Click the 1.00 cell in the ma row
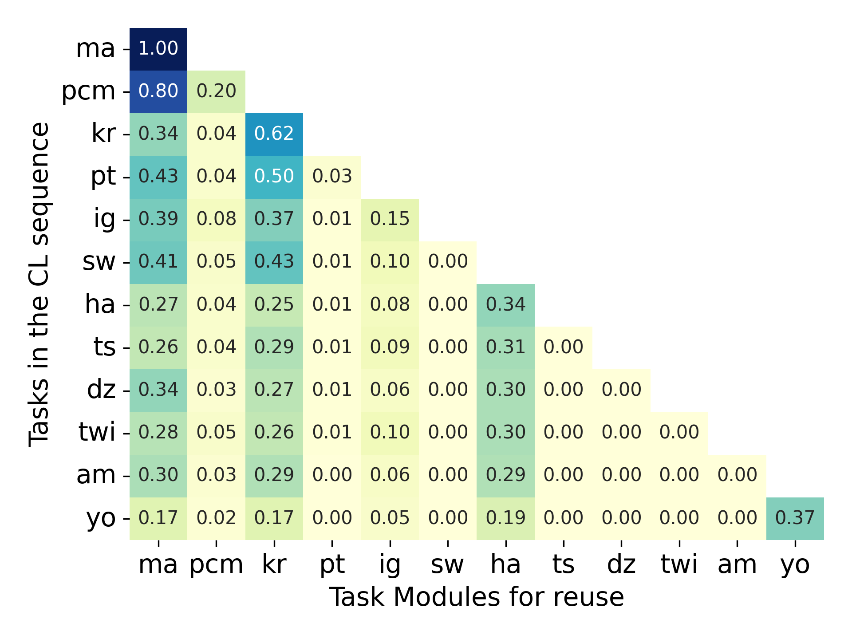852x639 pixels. [x=158, y=48]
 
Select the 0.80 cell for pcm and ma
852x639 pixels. [x=158, y=91]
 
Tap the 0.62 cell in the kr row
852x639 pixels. [x=274, y=134]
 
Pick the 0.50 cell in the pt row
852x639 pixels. [x=274, y=176]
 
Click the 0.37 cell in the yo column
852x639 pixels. [x=795, y=518]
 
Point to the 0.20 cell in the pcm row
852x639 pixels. [x=216, y=91]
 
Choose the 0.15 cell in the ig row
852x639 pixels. [x=390, y=219]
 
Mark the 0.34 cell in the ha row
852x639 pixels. [x=505, y=304]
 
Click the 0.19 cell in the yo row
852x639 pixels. [x=505, y=518]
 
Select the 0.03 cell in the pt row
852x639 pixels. [x=332, y=176]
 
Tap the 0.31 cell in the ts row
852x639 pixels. [x=505, y=347]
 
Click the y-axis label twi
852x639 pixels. [x=97, y=432]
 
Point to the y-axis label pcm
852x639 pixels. [x=88, y=91]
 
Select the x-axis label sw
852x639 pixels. [x=447, y=564]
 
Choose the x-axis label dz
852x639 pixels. [x=621, y=564]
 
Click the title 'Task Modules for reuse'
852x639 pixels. [x=477, y=597]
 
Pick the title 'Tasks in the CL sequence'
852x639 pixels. [x=39, y=284]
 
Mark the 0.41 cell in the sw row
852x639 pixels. [x=158, y=262]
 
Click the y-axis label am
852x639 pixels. [x=96, y=475]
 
